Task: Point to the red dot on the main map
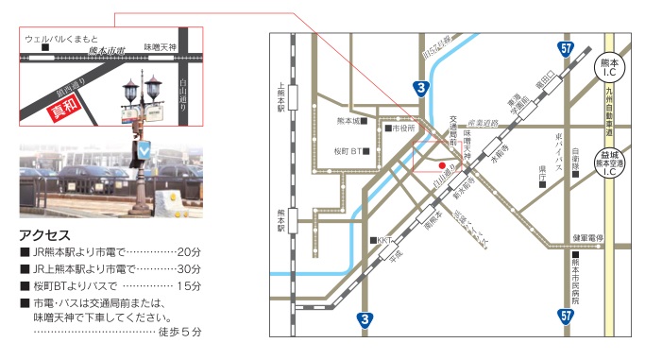(441, 164)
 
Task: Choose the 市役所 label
(401, 127)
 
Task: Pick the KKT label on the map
(384, 240)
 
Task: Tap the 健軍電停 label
(587, 238)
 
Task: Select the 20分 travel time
(189, 251)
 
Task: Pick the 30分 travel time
(189, 268)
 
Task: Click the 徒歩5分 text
(178, 332)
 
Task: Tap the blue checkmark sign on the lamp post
(144, 149)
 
